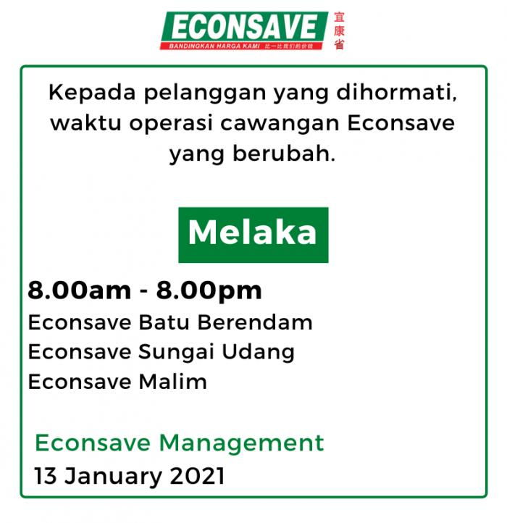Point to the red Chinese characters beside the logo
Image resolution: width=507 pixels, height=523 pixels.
pos(339,30)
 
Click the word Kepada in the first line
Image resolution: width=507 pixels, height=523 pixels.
pos(92,93)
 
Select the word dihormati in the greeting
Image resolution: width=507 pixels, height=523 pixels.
pos(396,93)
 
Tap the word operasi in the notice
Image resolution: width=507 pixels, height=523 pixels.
pos(171,123)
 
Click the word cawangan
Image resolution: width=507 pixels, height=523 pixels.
pos(280,124)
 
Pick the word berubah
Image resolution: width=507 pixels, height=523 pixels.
pos(284,154)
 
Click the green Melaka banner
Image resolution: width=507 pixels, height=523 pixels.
pos(253,235)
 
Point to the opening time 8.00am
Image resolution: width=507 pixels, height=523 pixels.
pos(80,290)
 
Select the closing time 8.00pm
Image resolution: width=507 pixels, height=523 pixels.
pos(209,291)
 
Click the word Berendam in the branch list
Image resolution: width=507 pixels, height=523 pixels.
pos(255,322)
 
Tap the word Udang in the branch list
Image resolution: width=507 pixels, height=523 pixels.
pos(258,353)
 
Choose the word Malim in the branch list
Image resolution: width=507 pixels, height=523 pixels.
pos(173,382)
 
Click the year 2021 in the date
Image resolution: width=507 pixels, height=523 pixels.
pos(197,476)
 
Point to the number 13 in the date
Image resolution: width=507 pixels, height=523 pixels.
pos(46,476)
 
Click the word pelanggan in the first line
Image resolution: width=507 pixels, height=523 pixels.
pos(205,93)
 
